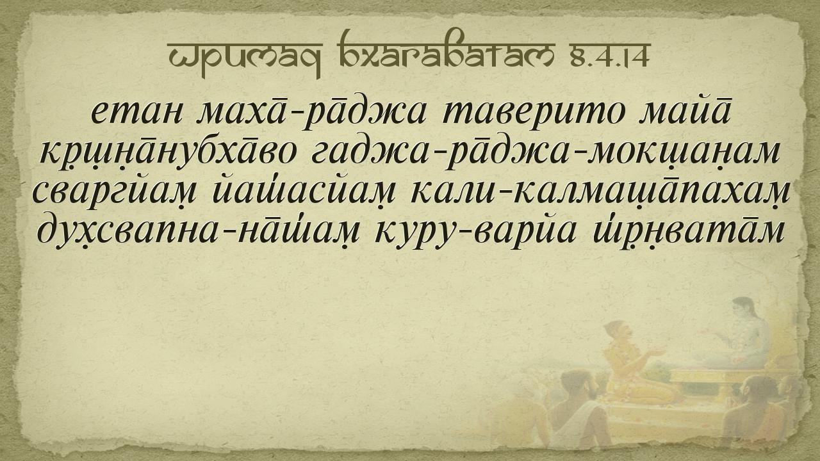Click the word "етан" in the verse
136,113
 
